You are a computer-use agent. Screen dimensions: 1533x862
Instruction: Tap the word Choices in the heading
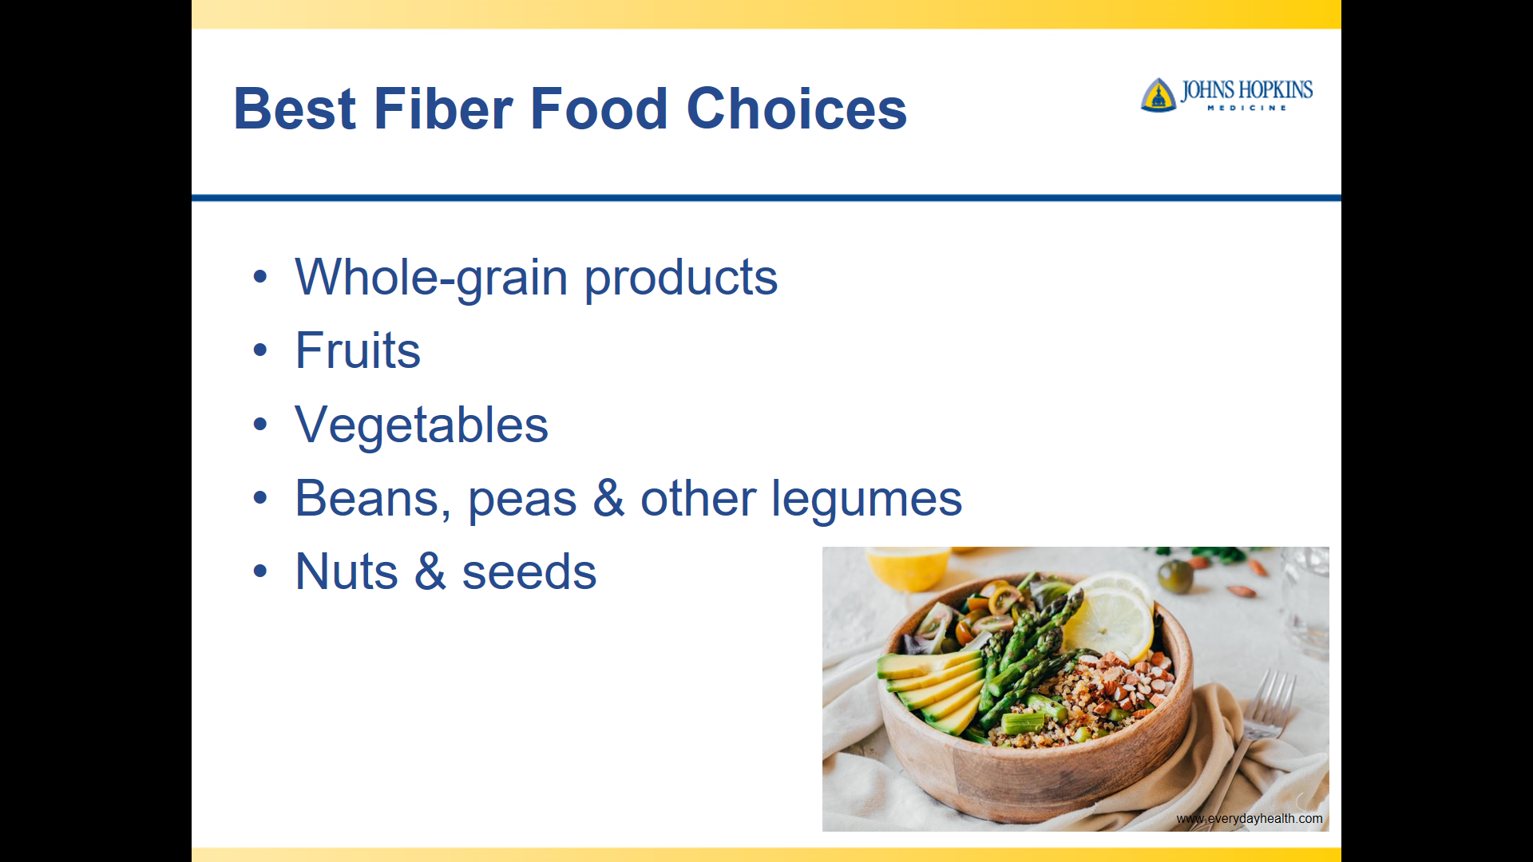point(796,109)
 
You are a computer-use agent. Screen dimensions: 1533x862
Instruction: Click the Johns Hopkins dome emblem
point(1159,95)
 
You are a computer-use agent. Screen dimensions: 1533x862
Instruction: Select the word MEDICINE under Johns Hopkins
point(1246,108)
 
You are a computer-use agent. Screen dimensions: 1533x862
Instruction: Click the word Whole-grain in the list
point(431,278)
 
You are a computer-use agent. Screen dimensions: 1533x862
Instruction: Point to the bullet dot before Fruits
point(259,350)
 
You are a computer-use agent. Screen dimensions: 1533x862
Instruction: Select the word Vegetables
point(422,425)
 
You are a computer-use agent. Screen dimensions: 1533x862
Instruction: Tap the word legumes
point(866,500)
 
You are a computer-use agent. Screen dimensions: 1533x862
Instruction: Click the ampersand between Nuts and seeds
point(430,571)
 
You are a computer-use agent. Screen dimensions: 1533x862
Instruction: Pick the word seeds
point(529,572)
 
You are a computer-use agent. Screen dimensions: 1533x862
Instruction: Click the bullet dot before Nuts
point(259,571)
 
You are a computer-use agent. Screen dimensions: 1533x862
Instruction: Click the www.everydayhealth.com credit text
point(1249,818)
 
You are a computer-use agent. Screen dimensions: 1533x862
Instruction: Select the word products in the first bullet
point(681,278)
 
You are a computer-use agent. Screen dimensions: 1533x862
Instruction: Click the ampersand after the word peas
point(608,498)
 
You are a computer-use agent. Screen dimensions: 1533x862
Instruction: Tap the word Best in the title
point(295,109)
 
